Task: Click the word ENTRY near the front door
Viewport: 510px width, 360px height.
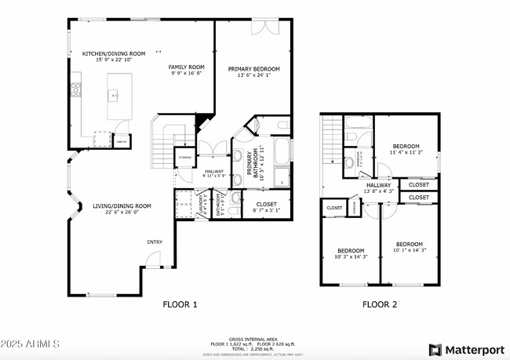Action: point(155,242)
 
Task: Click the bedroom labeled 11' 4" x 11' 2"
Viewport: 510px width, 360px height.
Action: point(406,149)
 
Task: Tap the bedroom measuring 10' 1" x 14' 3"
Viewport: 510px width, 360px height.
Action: point(409,246)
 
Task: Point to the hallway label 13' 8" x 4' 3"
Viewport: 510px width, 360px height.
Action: point(378,187)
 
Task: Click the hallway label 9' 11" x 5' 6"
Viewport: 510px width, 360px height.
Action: point(214,173)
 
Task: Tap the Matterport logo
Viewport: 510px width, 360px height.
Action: point(466,348)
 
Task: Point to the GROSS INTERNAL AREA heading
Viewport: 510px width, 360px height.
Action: point(253,339)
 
